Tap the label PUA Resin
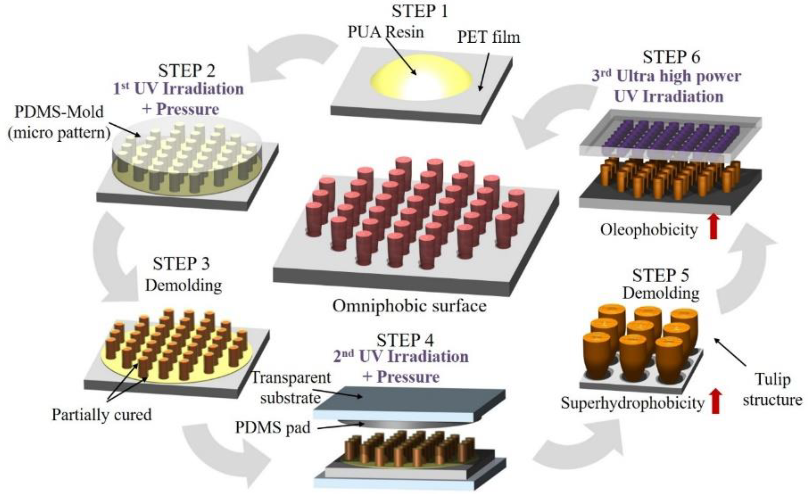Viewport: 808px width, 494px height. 385,32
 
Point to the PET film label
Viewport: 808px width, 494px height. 489,37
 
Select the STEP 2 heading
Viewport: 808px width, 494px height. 187,70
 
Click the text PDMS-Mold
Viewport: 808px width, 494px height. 59,112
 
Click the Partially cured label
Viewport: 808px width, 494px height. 102,415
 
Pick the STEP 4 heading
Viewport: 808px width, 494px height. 405,340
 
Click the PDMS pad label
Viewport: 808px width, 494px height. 272,427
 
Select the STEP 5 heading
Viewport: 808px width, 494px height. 660,275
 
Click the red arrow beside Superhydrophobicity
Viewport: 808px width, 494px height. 716,401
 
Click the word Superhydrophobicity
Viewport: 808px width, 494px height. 633,403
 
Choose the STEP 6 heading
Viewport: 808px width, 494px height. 671,57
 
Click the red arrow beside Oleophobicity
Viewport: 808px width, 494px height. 714,226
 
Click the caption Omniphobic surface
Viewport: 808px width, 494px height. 409,306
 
